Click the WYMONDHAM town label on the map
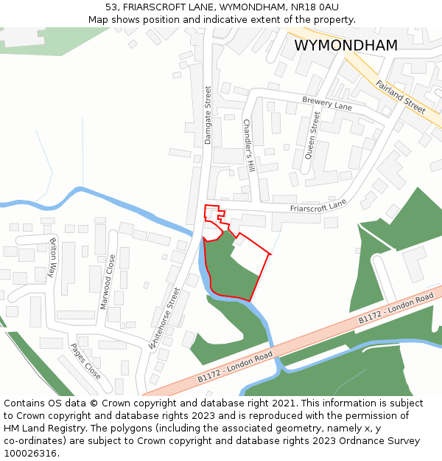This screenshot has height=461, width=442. [x=345, y=45]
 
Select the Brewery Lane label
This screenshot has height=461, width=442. [x=327, y=103]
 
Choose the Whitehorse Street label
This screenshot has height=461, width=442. [x=164, y=318]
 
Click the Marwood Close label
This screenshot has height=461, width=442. [x=108, y=282]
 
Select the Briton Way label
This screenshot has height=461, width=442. [x=52, y=257]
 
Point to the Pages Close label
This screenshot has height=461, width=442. [x=85, y=361]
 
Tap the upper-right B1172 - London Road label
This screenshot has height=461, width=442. [x=396, y=308]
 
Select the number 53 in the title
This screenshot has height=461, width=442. [x=111, y=7]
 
